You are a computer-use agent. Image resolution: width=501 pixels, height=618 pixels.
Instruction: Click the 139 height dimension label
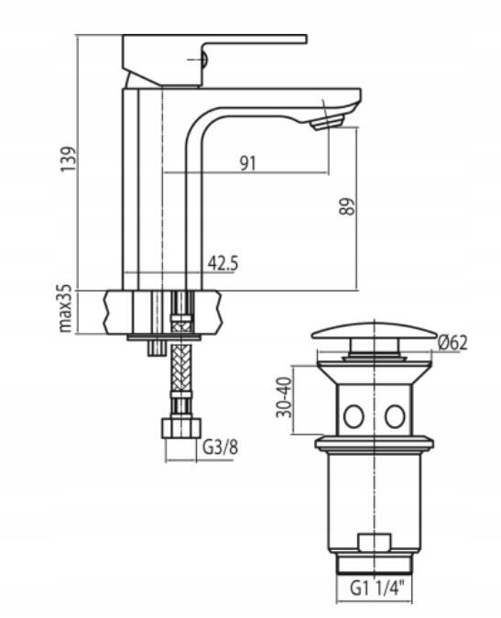[x=68, y=159]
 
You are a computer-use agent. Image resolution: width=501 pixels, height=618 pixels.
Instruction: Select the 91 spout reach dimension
[x=248, y=163]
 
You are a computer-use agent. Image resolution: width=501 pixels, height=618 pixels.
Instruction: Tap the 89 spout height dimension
[x=347, y=206]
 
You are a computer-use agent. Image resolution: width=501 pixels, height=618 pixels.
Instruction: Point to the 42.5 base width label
[x=223, y=263]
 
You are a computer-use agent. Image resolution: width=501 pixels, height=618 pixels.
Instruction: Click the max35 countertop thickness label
[x=65, y=308]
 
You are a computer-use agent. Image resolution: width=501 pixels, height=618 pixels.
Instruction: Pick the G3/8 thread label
[x=221, y=447]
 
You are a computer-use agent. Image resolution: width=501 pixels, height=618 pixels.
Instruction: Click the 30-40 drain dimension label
[x=284, y=397]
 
